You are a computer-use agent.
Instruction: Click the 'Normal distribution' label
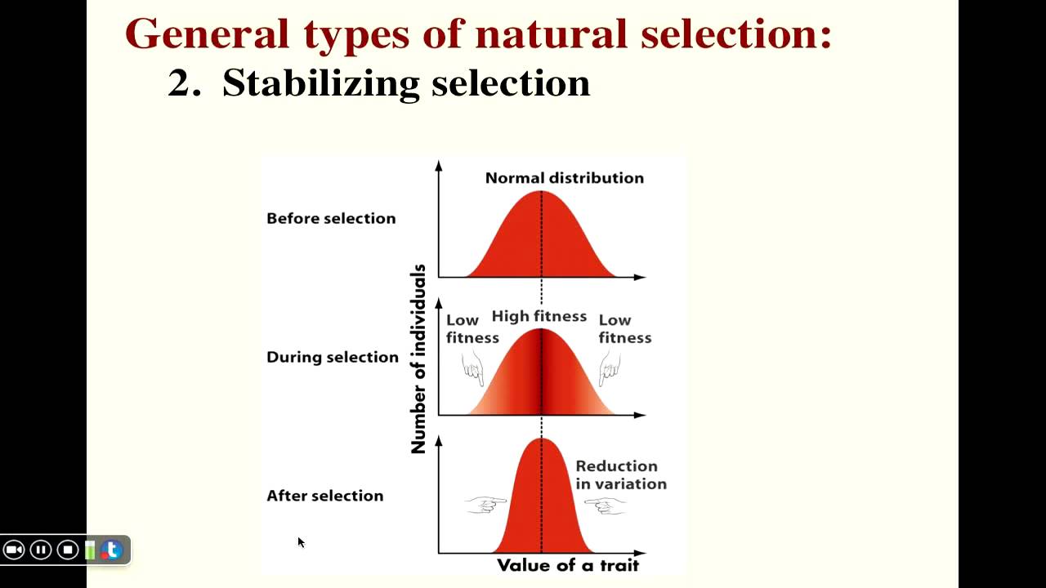[x=564, y=178]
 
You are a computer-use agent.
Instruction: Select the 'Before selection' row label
[x=331, y=219]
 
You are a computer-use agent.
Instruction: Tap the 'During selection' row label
[x=332, y=358]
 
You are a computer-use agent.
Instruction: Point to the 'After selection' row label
[x=324, y=496]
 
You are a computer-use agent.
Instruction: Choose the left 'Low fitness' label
[x=472, y=329]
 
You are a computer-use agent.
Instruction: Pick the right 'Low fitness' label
[x=624, y=329]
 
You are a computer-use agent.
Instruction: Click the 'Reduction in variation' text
[x=620, y=475]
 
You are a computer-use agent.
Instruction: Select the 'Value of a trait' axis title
[x=567, y=565]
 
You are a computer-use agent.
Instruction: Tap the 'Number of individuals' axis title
[x=418, y=359]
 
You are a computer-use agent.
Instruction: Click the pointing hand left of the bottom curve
[x=485, y=506]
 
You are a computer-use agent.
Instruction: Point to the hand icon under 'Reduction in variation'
[x=606, y=506]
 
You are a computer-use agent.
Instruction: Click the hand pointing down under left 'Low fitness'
[x=473, y=368]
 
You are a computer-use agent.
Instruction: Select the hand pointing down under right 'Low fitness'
[x=609, y=368]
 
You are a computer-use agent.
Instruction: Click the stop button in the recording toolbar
[x=68, y=550]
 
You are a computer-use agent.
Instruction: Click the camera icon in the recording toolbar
[x=14, y=550]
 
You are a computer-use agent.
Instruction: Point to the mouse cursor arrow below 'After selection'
[x=301, y=542]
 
